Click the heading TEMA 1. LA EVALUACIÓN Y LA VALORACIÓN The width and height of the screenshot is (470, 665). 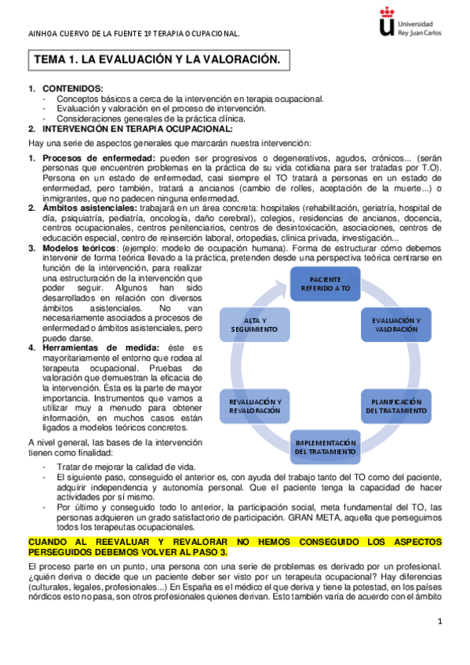[156, 60]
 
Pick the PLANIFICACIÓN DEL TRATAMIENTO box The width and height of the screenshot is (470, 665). [395, 405]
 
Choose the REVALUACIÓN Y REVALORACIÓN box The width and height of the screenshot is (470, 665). [254, 405]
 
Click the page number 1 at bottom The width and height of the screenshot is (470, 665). [440, 622]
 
